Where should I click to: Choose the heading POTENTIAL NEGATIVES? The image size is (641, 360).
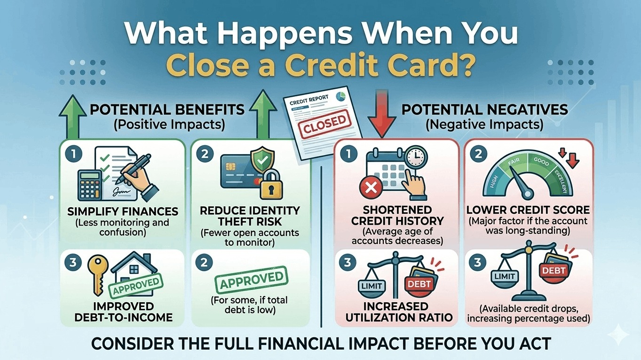pos(484,110)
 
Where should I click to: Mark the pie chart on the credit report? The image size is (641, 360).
pos(341,96)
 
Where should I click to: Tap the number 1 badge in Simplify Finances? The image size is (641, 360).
pos(73,153)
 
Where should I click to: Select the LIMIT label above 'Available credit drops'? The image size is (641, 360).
pos(506,276)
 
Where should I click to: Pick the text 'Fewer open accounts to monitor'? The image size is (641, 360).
pos(250,238)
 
